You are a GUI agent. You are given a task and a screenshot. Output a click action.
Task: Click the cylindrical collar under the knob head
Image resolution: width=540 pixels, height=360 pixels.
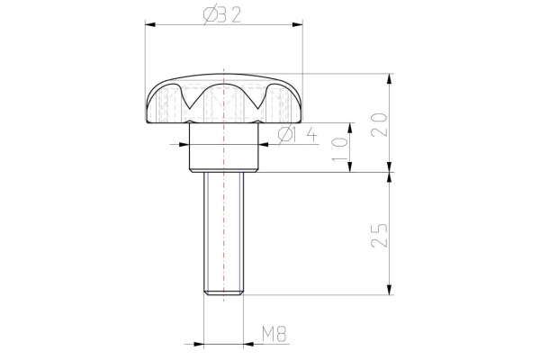(x=222, y=148)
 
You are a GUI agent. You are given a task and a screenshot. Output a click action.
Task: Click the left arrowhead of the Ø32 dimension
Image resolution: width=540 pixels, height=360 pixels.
(x=149, y=26)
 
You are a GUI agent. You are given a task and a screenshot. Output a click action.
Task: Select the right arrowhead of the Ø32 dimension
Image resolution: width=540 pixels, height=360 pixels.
(x=298, y=26)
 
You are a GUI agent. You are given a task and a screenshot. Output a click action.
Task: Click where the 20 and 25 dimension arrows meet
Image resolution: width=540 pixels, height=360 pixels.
(x=389, y=172)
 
